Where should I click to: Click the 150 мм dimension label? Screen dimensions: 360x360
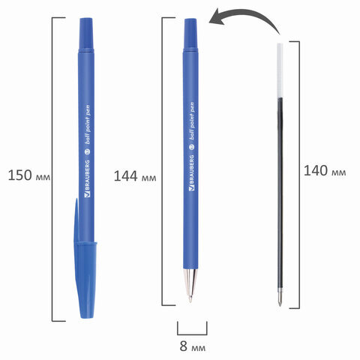(29, 175)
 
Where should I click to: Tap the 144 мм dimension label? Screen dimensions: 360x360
(135, 176)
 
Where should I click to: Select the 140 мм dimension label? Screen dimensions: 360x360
(325, 171)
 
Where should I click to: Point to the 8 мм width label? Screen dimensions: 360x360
(193, 346)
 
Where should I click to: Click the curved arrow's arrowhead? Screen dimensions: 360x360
(216, 18)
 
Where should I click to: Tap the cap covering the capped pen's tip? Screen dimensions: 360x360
(85, 280)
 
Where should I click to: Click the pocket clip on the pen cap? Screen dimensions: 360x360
(76, 220)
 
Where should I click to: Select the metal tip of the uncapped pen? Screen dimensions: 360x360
(190, 285)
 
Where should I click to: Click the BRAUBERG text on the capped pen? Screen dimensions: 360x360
(88, 178)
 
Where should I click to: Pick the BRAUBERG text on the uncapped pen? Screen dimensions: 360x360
(191, 173)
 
